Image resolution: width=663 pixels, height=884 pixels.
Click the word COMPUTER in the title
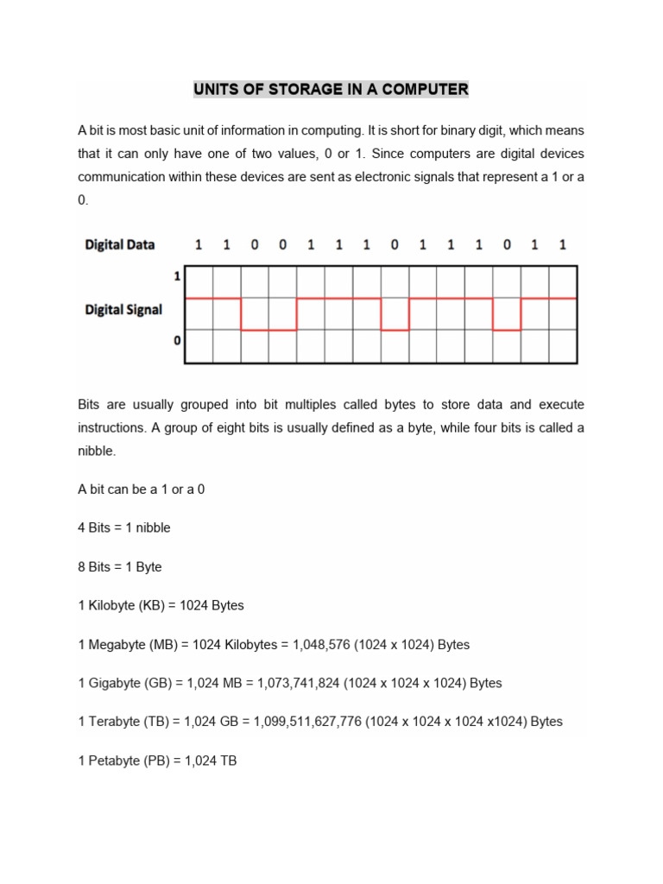pos(420,89)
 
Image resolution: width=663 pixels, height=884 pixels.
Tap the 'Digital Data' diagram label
pos(120,244)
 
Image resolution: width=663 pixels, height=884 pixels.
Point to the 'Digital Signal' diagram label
pos(123,309)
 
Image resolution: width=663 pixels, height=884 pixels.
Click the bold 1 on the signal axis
pos(178,277)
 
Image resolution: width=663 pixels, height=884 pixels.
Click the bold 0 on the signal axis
pos(178,341)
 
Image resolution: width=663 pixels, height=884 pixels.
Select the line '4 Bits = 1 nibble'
pos(124,527)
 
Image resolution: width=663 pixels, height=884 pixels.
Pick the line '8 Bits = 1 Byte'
pos(120,566)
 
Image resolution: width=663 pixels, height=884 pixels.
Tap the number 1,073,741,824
pos(299,683)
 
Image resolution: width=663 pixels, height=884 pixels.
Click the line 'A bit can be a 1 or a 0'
pos(142,489)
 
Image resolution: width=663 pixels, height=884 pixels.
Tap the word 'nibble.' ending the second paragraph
pos(97,451)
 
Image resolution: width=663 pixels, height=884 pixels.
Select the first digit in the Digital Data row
pos(199,244)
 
